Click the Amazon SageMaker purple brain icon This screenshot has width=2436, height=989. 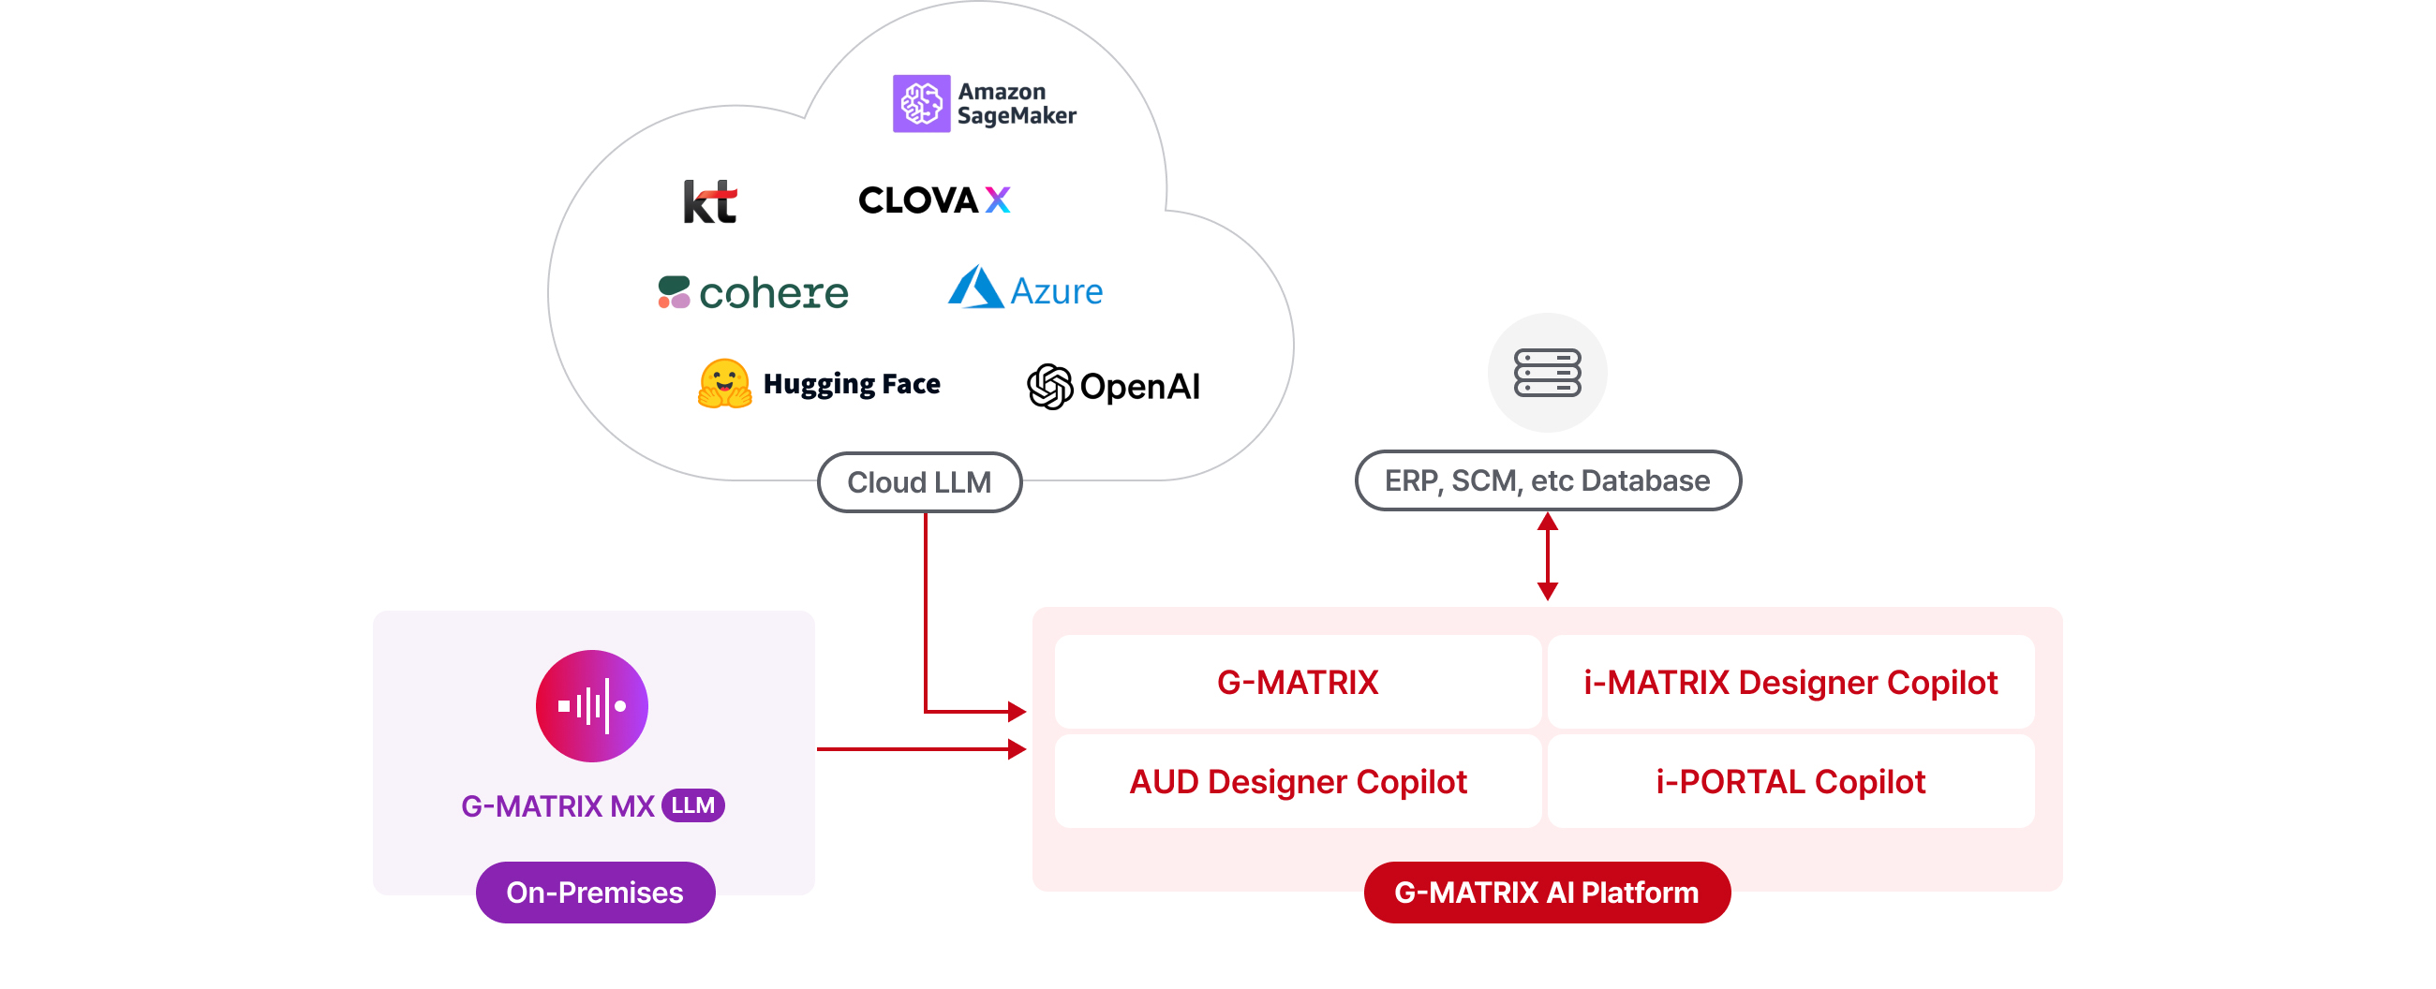[x=921, y=103]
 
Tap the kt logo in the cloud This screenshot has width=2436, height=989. [x=710, y=201]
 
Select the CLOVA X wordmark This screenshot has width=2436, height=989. [x=934, y=199]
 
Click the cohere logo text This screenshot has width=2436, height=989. [x=774, y=293]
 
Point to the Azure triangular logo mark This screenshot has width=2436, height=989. [x=976, y=287]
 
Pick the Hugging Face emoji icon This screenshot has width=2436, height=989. [x=724, y=384]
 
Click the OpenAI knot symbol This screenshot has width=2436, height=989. [x=1049, y=386]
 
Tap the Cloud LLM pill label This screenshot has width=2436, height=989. [x=919, y=482]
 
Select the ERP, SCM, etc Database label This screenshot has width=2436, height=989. [x=1547, y=480]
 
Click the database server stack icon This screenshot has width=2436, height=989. [x=1547, y=373]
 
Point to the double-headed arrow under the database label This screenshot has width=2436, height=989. [x=1547, y=556]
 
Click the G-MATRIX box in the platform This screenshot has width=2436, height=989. [x=1298, y=682]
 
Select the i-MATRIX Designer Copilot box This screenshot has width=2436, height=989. [x=1790, y=682]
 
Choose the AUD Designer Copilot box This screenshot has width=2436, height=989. [x=1298, y=781]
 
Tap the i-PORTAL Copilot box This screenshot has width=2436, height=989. [x=1790, y=781]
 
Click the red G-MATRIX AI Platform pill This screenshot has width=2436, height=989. [x=1547, y=892]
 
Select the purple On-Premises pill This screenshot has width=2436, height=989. [x=595, y=892]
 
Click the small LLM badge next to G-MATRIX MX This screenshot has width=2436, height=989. [x=693, y=805]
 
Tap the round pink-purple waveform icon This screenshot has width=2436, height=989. [x=592, y=705]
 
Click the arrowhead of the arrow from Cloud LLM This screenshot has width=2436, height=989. [x=1017, y=711]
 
